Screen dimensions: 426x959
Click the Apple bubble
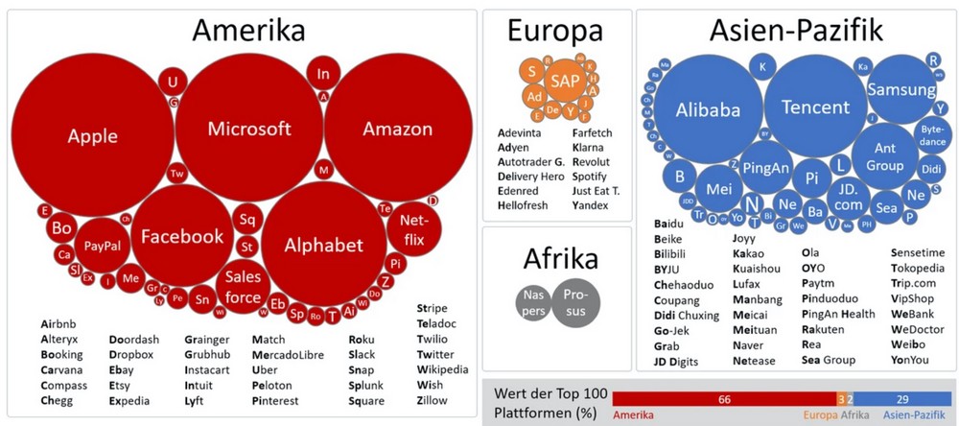pyautogui.click(x=93, y=136)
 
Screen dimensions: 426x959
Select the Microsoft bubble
pyautogui.click(x=249, y=129)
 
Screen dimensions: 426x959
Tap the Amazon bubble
pyautogui.click(x=397, y=129)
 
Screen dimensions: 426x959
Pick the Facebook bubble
pyautogui.click(x=182, y=236)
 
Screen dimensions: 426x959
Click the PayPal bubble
pyautogui.click(x=102, y=247)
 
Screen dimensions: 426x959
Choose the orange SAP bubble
pyautogui.click(x=563, y=83)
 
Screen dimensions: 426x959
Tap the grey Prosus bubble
pyautogui.click(x=574, y=302)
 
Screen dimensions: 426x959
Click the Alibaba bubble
pyautogui.click(x=708, y=109)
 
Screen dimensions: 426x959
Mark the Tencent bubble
pyautogui.click(x=815, y=106)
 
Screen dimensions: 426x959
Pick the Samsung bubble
pyautogui.click(x=901, y=89)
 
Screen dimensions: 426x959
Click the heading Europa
pyautogui.click(x=556, y=33)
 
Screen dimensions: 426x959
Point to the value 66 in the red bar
pyautogui.click(x=724, y=397)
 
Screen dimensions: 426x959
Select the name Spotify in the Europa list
pyautogui.click(x=589, y=177)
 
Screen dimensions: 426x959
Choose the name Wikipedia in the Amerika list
pyautogui.click(x=442, y=368)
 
